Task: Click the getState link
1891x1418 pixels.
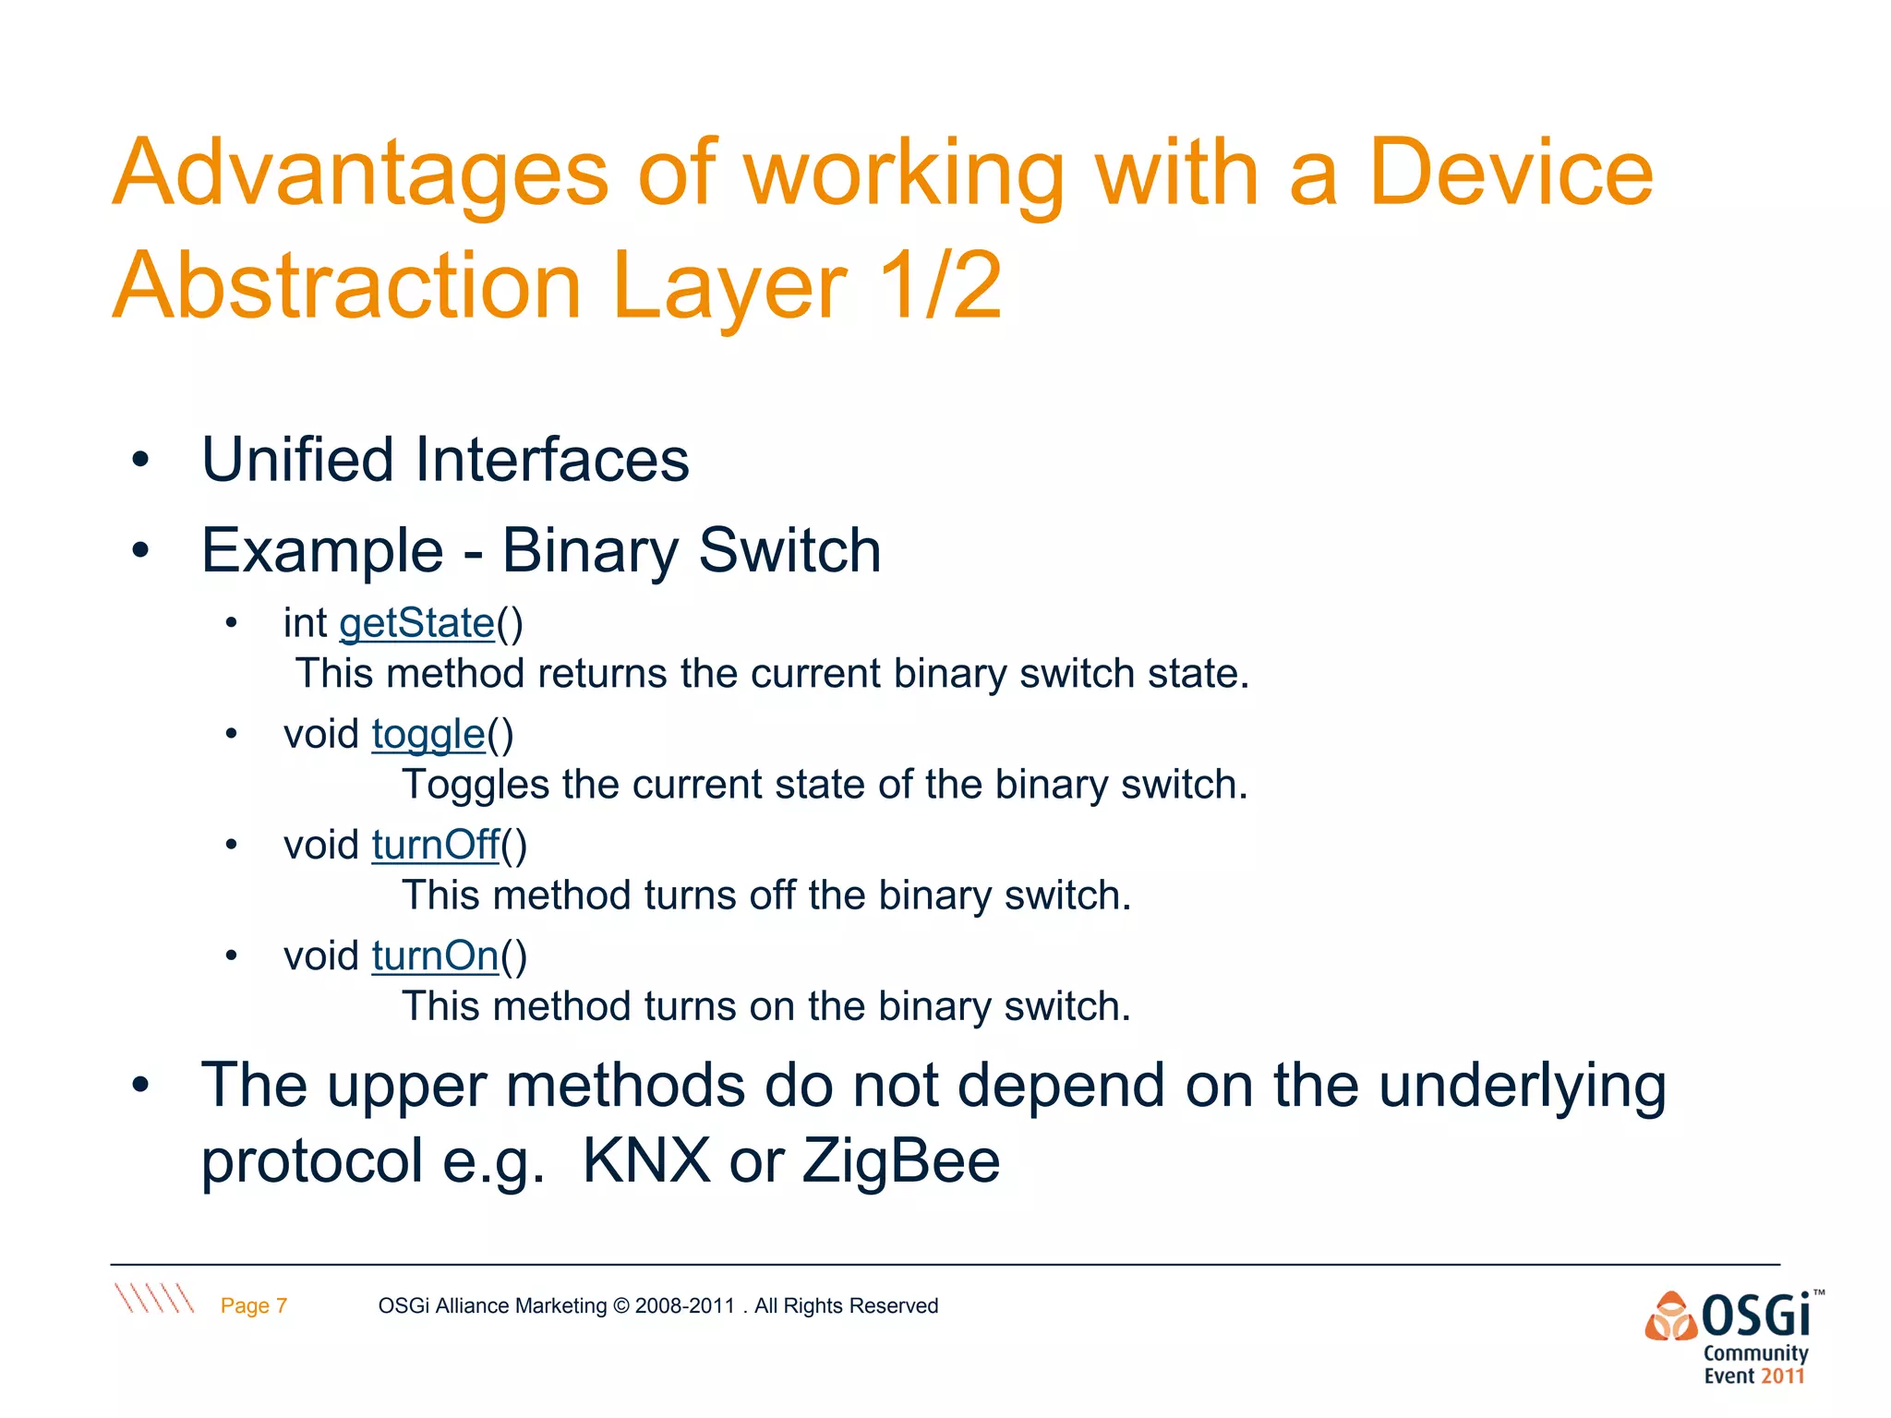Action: coord(417,623)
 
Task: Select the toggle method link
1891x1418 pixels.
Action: coord(428,735)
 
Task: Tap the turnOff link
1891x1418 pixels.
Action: coord(436,845)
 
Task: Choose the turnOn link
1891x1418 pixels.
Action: coord(436,955)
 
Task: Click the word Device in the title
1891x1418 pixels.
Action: coord(1511,174)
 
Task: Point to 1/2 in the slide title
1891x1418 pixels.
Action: coord(940,286)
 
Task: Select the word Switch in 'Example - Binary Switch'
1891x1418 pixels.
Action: coord(789,551)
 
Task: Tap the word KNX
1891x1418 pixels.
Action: coord(645,1160)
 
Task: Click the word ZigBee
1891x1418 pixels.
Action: coord(900,1160)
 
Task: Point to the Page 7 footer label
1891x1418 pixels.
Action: coord(254,1305)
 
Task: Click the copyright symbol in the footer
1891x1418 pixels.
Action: coord(620,1305)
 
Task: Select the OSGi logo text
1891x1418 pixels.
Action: coord(1755,1316)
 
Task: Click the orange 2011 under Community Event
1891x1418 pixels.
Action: coord(1782,1376)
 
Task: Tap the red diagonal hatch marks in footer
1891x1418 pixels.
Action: coord(154,1298)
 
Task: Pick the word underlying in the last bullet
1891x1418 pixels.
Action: coord(1522,1086)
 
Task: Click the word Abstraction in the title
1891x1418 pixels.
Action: coord(347,286)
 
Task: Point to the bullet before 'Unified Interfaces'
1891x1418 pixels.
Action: coord(140,460)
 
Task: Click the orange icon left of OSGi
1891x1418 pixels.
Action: coord(1671,1316)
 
